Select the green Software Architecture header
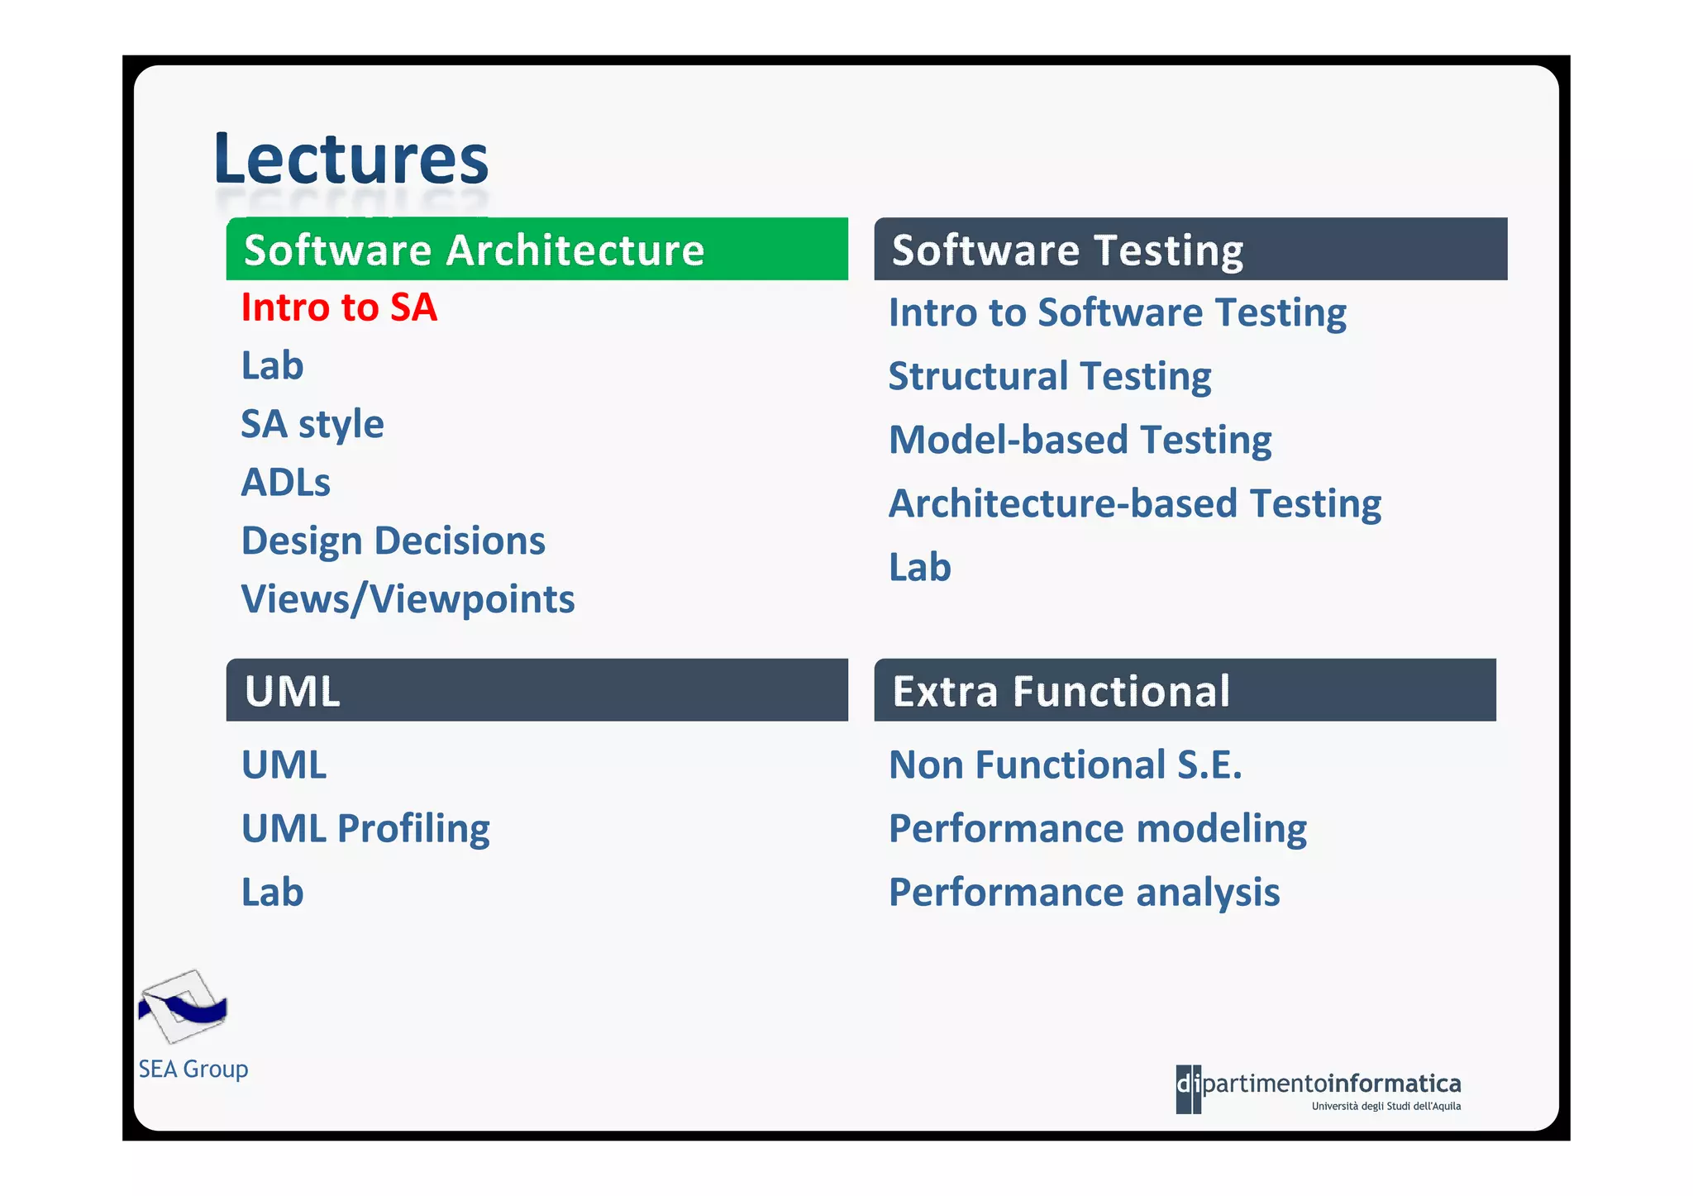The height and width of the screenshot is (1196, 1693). click(x=537, y=249)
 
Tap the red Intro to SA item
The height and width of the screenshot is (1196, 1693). click(x=339, y=307)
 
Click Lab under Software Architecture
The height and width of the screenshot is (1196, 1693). click(x=272, y=365)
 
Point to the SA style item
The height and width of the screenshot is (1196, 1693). click(x=312, y=425)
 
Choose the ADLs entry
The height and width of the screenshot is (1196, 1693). click(x=285, y=483)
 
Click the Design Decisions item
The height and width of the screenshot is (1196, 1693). click(x=393, y=541)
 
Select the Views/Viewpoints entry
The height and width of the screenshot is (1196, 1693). click(x=408, y=599)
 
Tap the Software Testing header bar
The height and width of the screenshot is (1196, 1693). click(x=1190, y=249)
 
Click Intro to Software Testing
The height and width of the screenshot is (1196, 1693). click(x=1117, y=313)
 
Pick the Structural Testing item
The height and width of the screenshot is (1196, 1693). click(x=1049, y=377)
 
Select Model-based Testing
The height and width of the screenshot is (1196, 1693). click(x=1080, y=441)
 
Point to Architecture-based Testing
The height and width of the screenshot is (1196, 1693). click(x=1134, y=504)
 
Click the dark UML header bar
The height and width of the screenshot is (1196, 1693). click(x=537, y=690)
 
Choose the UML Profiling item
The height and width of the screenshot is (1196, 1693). click(x=365, y=829)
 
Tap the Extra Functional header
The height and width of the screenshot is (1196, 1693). click(x=1185, y=690)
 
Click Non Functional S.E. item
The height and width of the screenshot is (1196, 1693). click(x=1065, y=765)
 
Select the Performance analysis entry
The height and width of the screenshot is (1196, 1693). click(x=1084, y=893)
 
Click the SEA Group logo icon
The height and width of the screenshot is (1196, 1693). click(x=183, y=1006)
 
